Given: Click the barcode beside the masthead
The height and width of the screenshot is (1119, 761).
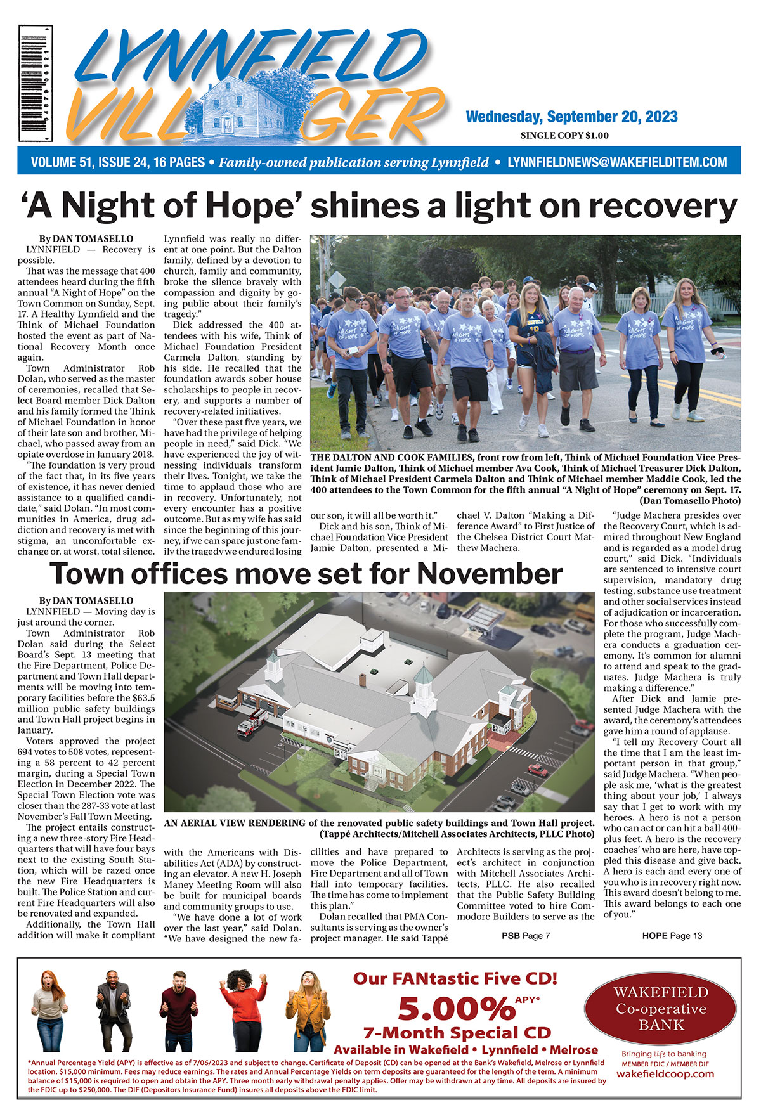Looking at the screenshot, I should (x=36, y=84).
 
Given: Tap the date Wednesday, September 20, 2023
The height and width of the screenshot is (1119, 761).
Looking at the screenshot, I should (x=571, y=117).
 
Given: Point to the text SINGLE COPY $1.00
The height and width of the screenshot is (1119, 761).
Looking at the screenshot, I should (x=564, y=135).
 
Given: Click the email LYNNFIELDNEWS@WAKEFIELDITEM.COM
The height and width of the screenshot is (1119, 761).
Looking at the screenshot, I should (x=617, y=162).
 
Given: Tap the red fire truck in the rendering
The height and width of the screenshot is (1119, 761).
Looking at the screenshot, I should (x=252, y=724).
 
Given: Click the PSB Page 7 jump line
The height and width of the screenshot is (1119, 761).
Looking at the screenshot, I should (x=525, y=935).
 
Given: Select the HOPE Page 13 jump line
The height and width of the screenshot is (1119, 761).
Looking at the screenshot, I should (x=672, y=935).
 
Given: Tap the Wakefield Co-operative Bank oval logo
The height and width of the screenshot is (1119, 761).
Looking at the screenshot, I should (x=661, y=1009).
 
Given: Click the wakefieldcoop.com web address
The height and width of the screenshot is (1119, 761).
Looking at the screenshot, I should (x=665, y=1073).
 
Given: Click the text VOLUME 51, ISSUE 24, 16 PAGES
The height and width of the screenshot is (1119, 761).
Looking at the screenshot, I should (x=118, y=162).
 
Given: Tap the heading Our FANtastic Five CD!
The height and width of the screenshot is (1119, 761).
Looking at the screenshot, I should (x=455, y=978).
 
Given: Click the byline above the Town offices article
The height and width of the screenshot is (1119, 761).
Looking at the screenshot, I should (x=86, y=600).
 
